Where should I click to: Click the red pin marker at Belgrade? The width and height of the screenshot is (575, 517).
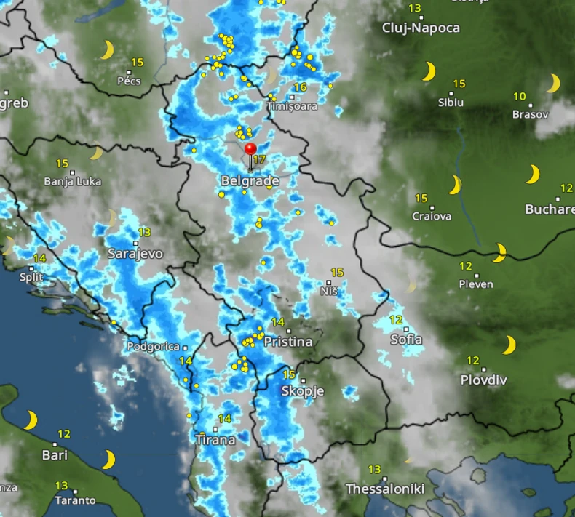[250, 150]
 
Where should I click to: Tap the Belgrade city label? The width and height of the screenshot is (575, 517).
[250, 180]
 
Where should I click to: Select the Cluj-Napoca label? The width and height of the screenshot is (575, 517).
[421, 28]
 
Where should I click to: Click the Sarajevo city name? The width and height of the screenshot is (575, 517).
[135, 254]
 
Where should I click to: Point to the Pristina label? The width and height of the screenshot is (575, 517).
[287, 341]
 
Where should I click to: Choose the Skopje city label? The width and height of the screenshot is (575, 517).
[302, 390]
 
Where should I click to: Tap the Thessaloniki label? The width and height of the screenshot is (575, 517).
[385, 488]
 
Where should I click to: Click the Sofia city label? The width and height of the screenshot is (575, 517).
[406, 340]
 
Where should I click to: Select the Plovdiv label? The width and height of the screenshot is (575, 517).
[483, 380]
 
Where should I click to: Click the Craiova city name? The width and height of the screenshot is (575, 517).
[432, 216]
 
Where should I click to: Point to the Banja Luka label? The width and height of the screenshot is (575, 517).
[73, 181]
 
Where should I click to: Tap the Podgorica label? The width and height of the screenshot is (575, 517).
[152, 347]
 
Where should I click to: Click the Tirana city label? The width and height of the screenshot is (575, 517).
[215, 440]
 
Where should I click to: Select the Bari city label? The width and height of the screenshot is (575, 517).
[55, 455]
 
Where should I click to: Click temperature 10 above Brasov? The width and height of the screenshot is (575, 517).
[519, 96]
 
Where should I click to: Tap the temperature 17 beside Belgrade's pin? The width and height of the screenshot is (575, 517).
[258, 159]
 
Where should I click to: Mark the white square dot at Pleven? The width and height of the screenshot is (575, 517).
[477, 276]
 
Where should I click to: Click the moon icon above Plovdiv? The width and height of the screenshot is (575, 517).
[509, 345]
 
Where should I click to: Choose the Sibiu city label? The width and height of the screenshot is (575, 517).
[451, 103]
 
